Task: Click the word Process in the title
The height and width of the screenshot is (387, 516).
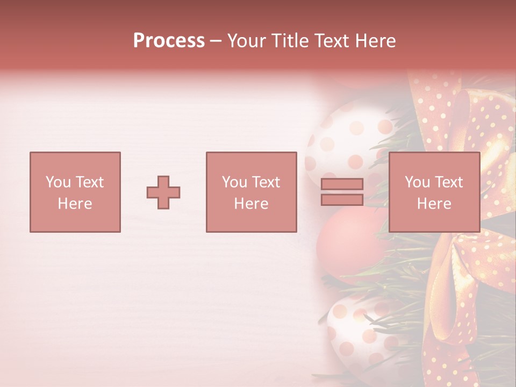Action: pos(169,41)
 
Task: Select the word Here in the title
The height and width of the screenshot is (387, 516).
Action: pos(376,41)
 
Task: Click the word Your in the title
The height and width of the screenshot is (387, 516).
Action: pos(246,41)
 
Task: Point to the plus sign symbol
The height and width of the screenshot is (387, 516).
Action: pos(163,192)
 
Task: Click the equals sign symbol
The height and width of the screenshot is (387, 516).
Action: pos(342,192)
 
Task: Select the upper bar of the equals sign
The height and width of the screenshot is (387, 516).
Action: pos(342,184)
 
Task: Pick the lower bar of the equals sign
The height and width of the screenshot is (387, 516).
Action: pos(342,199)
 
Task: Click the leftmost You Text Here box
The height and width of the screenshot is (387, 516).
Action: pos(75,192)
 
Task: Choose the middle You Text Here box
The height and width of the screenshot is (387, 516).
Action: pos(251,192)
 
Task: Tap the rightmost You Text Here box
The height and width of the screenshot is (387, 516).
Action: pos(434,192)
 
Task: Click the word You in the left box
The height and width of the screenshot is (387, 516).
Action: pos(58,182)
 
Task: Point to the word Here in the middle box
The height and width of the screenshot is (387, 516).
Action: pos(251,203)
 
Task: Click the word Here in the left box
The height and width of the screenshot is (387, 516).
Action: pos(75,203)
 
